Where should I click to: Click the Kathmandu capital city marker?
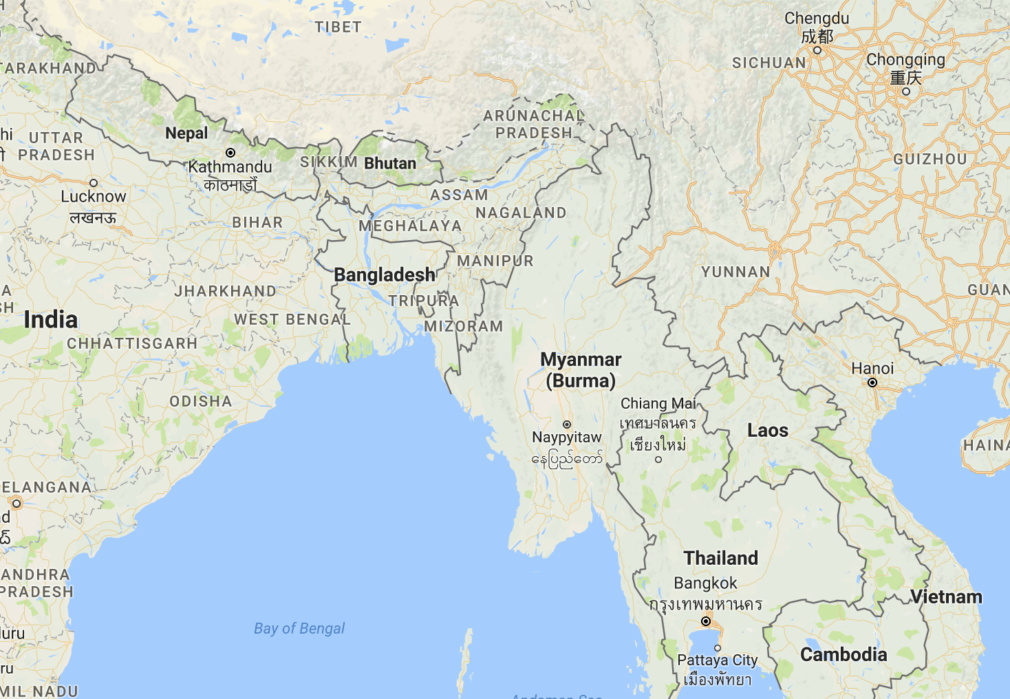point(230,153)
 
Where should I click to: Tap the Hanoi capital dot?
point(872,383)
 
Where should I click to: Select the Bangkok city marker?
point(705,621)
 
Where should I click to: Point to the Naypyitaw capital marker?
point(567,424)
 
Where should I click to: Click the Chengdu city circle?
point(817,50)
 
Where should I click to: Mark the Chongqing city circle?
point(906,91)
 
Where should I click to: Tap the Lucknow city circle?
point(94,182)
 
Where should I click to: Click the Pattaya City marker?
point(718,648)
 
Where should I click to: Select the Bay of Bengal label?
point(299,628)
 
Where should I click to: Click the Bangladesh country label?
point(384,275)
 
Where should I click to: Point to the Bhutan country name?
point(390,164)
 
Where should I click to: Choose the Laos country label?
point(768,431)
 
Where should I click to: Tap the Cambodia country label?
point(844,654)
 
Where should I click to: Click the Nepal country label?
point(186,133)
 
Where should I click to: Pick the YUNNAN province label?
point(735,272)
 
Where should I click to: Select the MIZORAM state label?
point(463,326)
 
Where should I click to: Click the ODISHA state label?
point(201,401)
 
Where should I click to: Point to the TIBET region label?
point(338,28)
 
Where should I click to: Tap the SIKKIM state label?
point(328,162)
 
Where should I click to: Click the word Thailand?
point(721,558)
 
